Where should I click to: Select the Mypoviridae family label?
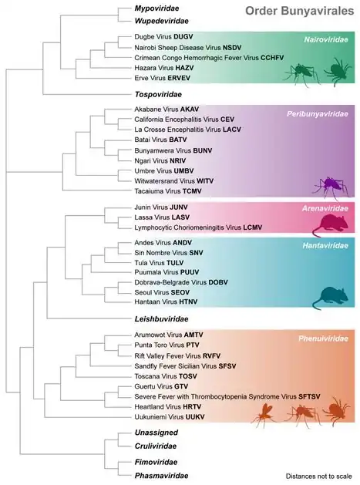coord(142,9)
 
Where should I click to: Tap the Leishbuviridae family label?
coord(146,318)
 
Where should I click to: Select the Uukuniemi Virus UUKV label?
coord(163,416)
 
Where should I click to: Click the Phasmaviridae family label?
coord(146,476)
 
